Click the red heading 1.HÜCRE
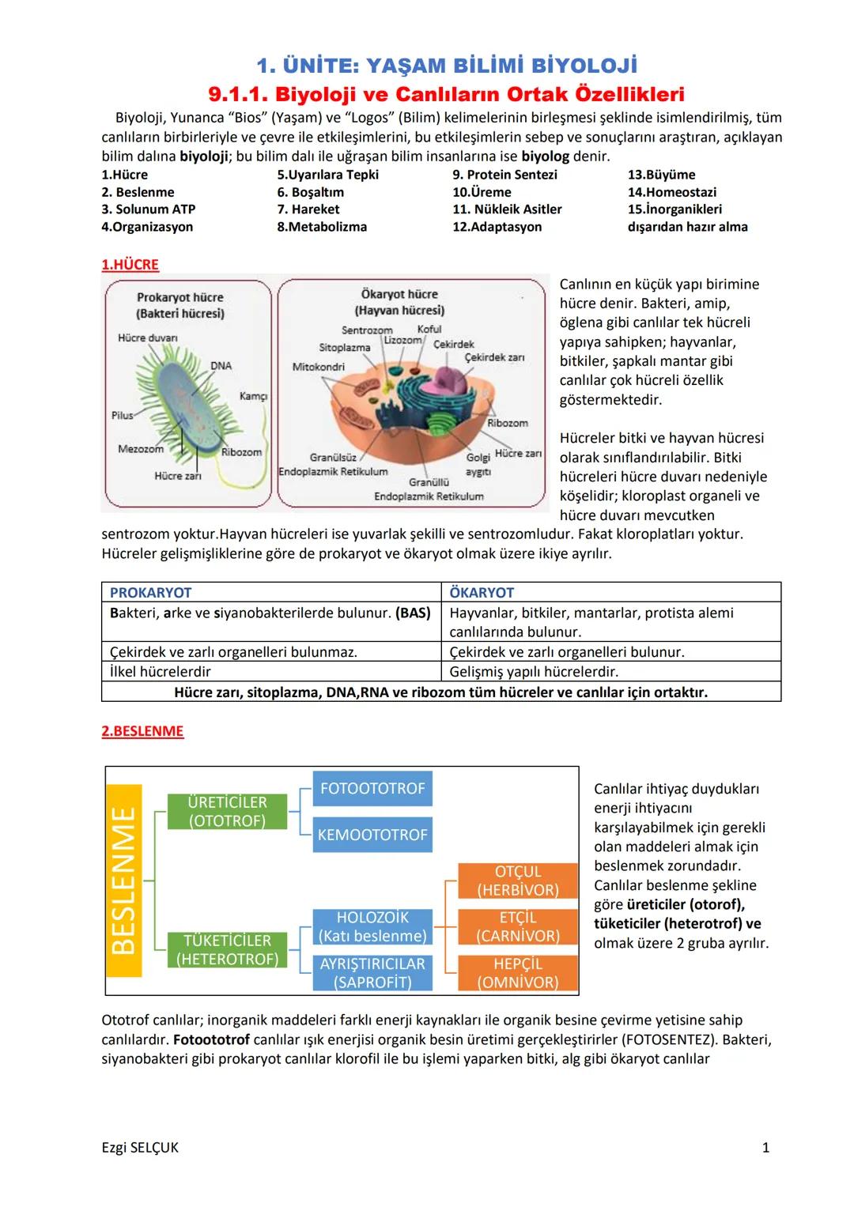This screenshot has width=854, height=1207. tap(130, 265)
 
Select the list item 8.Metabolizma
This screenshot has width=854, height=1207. tap(322, 227)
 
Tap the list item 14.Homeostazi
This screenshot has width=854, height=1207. tap(671, 192)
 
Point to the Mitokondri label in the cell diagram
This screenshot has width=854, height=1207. tap(318, 367)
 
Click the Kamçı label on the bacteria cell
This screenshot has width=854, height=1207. tap(253, 396)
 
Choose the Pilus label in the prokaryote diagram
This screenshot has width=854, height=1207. tap(122, 415)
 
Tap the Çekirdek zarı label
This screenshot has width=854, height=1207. tap(494, 357)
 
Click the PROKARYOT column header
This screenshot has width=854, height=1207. tap(150, 593)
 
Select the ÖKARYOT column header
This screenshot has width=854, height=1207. tap(481, 593)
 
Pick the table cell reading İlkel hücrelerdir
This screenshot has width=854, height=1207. tap(161, 672)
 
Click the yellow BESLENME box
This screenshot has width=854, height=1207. tap(123, 880)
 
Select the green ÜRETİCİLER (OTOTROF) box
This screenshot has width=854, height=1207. tap(227, 812)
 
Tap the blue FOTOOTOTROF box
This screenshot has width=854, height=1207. tap(372, 789)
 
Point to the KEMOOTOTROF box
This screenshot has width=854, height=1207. tap(372, 835)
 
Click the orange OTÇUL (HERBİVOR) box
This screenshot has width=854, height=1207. tap(518, 881)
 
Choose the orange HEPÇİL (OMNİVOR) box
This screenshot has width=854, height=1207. tap(518, 973)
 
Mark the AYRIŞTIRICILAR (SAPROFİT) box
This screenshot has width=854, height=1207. tap(372, 973)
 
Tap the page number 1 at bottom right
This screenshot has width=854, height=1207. tap(765, 1148)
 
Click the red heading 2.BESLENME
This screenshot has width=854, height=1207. tap(142, 731)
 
